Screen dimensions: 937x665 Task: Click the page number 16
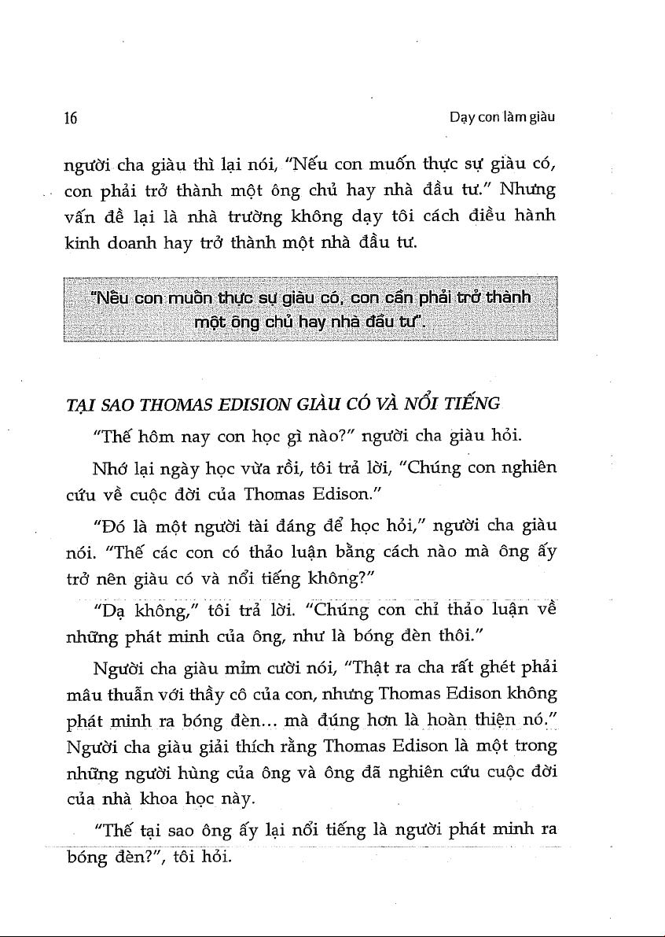tap(70, 120)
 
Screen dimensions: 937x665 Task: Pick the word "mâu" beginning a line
tap(79, 695)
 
